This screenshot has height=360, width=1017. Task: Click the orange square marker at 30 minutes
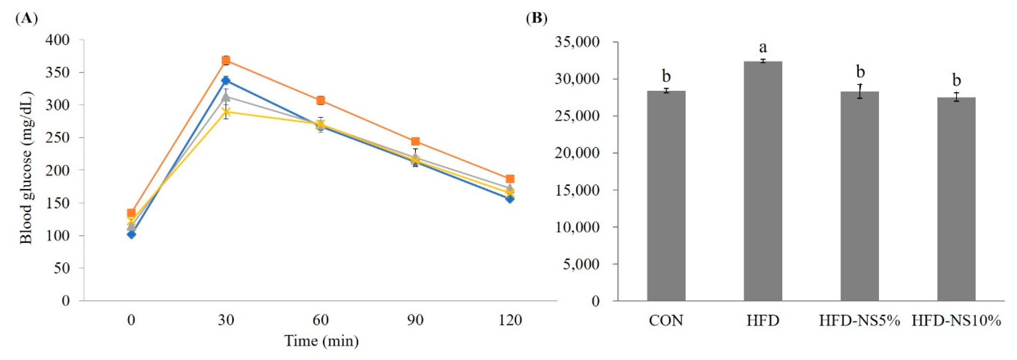click(226, 60)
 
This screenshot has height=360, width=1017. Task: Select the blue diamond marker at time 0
click(132, 235)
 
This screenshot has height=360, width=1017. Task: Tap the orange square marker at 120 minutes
click(510, 179)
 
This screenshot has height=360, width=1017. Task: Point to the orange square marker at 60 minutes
click(320, 100)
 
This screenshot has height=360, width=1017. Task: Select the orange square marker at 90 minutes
click(415, 141)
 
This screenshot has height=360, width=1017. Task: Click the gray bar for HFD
click(763, 182)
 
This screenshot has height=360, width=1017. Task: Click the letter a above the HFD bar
click(763, 47)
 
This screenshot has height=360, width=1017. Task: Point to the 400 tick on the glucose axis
click(58, 40)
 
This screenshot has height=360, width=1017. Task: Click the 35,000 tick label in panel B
click(577, 42)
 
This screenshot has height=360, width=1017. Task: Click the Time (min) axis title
click(321, 341)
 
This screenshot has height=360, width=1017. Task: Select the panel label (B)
click(537, 18)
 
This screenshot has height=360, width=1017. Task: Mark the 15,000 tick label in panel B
click(577, 190)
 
